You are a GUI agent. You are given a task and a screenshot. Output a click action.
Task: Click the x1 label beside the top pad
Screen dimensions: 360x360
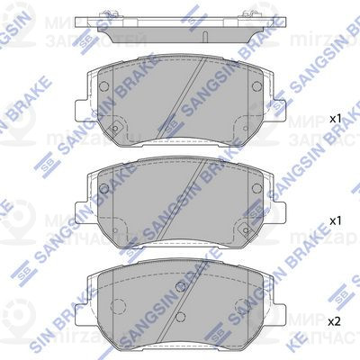pyautogui.click(x=334, y=119)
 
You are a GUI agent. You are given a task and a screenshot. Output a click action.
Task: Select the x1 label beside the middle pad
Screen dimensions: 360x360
pyautogui.click(x=334, y=220)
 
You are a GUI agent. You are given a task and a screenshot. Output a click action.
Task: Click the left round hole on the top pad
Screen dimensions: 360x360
pyautogui.click(x=103, y=88)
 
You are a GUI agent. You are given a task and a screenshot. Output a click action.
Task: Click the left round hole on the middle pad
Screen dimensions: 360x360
pyautogui.click(x=103, y=189)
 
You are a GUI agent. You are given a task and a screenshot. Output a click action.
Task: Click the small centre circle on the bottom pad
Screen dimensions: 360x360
pyautogui.click(x=180, y=288)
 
